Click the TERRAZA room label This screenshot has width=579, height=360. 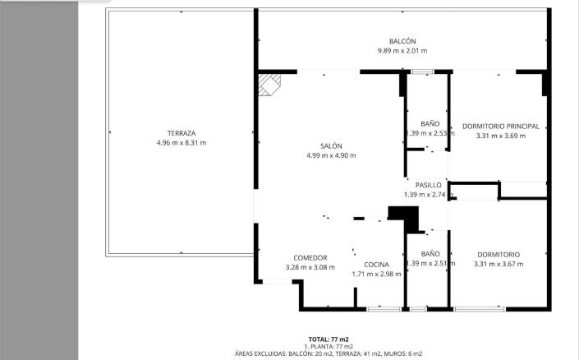click(181, 133)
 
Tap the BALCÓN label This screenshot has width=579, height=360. click(402, 42)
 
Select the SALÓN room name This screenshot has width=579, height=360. click(331, 145)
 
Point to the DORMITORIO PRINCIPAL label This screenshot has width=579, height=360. click(500, 127)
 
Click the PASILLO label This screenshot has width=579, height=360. click(428, 185)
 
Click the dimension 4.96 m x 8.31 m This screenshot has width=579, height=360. click(181, 143)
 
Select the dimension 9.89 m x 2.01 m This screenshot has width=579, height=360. click(402, 51)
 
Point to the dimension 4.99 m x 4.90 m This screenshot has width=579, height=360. click(331, 155)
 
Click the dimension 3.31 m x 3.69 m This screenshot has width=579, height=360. click(500, 136)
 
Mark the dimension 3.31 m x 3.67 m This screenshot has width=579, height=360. click(498, 264)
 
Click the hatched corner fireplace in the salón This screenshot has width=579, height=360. click(269, 84)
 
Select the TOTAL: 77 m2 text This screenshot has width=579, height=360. click(329, 339)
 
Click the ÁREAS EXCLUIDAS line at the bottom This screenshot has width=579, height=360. click(329, 353)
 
